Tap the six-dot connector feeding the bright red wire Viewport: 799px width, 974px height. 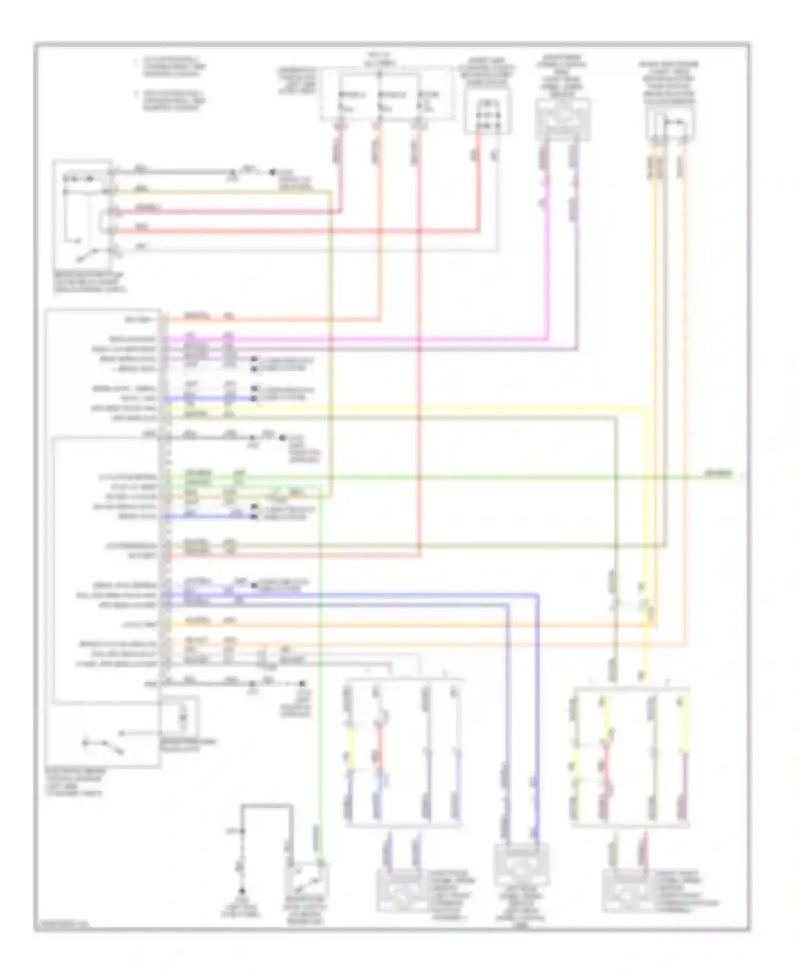tap(487, 112)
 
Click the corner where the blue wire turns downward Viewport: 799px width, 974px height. tap(537, 595)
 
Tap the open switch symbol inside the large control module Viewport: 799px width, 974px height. tap(103, 745)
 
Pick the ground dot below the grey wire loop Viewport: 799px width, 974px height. tap(242, 890)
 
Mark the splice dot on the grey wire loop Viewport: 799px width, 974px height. tap(242, 831)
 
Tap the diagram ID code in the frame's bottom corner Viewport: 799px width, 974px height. tap(63, 925)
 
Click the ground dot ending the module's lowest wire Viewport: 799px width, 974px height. tap(302, 683)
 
